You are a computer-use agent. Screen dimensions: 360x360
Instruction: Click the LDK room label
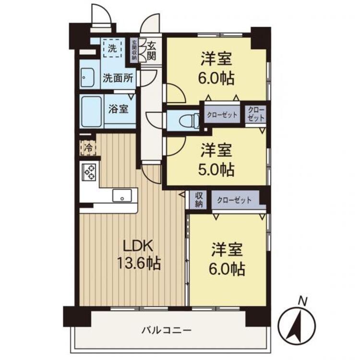coord(138,246)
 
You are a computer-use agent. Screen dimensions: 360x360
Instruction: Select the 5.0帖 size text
coord(217,169)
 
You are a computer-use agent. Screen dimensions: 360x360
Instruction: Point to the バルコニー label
coord(167,330)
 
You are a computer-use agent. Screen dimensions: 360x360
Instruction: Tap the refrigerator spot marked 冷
coord(88,147)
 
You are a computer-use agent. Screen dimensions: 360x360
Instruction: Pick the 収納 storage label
coord(198,199)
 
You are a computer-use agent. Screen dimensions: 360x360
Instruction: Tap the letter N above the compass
coord(302,301)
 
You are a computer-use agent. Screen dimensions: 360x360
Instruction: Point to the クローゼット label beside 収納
coord(234,200)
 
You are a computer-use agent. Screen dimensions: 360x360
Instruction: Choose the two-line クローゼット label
coord(256,114)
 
